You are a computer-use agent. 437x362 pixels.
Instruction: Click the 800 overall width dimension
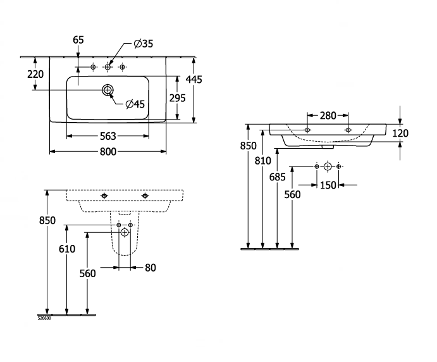pyautogui.click(x=108, y=152)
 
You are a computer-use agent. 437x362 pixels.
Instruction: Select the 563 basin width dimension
pyautogui.click(x=108, y=136)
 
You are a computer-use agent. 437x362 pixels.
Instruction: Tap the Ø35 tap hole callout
pyautogui.click(x=144, y=44)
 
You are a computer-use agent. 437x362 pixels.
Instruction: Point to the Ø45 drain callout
pyautogui.click(x=135, y=104)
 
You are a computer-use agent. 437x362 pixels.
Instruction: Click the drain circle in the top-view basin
pyautogui.click(x=108, y=90)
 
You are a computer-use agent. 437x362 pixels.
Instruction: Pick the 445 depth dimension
pyautogui.click(x=194, y=80)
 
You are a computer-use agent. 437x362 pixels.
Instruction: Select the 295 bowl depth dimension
pyautogui.click(x=178, y=98)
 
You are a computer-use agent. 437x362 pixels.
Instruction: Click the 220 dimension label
pyautogui.click(x=35, y=74)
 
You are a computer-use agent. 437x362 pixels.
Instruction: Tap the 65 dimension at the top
pyautogui.click(x=78, y=40)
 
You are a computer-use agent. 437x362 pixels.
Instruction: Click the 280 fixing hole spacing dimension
pyautogui.click(x=328, y=115)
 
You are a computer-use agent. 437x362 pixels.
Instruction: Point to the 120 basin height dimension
pyautogui.click(x=400, y=134)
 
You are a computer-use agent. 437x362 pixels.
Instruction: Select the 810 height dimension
pyautogui.click(x=263, y=161)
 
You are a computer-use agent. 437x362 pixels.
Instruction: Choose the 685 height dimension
pyautogui.click(x=277, y=177)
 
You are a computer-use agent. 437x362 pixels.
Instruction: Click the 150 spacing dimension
pyautogui.click(x=328, y=185)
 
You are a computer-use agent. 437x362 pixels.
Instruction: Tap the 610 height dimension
pyautogui.click(x=67, y=249)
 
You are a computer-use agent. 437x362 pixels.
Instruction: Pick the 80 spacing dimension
pyautogui.click(x=151, y=268)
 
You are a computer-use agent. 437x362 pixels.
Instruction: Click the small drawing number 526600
pyautogui.click(x=44, y=318)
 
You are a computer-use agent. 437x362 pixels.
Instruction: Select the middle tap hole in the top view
pyautogui.click(x=108, y=67)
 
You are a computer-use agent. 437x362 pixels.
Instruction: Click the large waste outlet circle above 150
pyautogui.click(x=328, y=166)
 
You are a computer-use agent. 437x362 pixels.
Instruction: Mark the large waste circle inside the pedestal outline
pyautogui.click(x=125, y=232)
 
